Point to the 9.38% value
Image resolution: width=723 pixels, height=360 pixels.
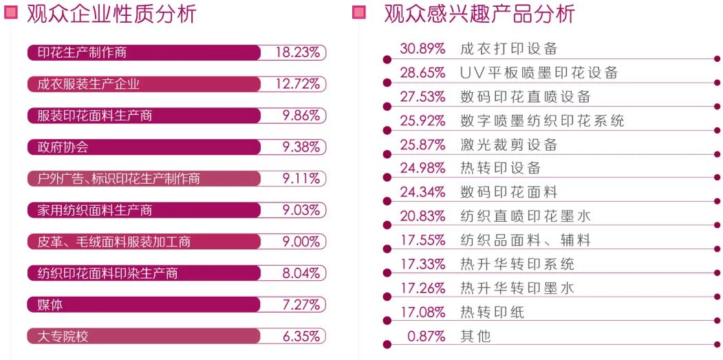pos(301,147)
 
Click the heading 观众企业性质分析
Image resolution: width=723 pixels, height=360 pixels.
pos(111,14)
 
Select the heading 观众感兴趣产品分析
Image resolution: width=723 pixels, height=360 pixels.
pos(479,14)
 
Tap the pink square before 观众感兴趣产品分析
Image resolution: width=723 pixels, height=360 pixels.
pos(358,12)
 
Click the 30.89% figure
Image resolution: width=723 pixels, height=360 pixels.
pos(422,49)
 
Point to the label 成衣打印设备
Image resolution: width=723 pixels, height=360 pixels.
pos(508,49)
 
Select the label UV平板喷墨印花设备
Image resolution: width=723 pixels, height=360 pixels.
pos(539,73)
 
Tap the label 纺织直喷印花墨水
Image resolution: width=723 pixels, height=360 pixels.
pos(526,216)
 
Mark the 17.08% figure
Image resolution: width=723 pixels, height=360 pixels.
pos(422,313)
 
